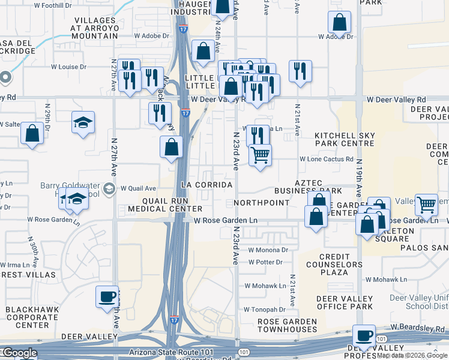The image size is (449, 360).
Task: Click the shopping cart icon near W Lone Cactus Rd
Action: coord(260,155)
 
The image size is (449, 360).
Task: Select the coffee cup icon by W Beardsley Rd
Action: coord(363,335)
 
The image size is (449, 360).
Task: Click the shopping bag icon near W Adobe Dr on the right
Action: coord(339,23)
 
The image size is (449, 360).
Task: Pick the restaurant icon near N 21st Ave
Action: coord(300,71)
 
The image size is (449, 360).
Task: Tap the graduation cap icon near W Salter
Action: coord(83,123)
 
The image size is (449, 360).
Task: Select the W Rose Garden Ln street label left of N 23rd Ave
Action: coord(225,221)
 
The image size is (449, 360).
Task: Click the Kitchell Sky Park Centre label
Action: coord(345,140)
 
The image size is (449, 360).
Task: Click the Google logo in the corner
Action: coord(19,353)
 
